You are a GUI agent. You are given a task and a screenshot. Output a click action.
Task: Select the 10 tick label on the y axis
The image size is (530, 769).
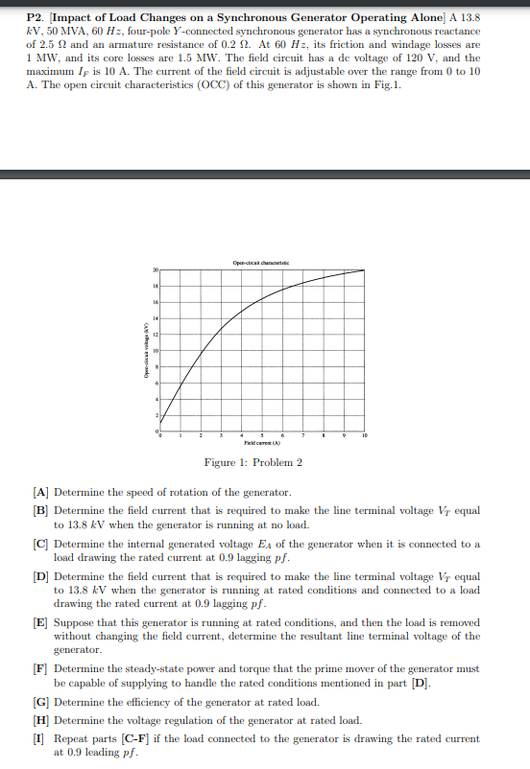tap(155, 350)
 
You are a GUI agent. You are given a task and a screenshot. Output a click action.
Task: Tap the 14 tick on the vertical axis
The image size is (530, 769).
tap(155, 318)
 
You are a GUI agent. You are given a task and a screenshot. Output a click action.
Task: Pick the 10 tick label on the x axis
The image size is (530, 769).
tap(364, 436)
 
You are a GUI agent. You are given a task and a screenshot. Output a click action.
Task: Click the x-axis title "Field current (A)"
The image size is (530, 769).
tap(261, 444)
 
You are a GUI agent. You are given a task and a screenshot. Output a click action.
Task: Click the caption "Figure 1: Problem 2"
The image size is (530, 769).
tap(260, 463)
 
